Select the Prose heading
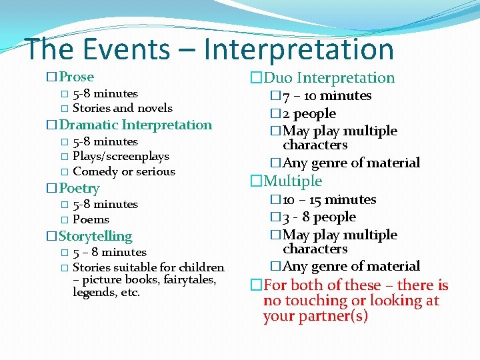(76, 77)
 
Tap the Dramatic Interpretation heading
(135, 125)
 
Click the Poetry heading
(79, 189)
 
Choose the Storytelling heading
(95, 236)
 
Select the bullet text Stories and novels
(123, 108)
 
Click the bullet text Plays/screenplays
(121, 156)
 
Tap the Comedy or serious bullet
(124, 171)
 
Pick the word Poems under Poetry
(91, 219)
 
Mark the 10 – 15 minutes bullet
(329, 200)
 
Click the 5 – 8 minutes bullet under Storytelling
(109, 252)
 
